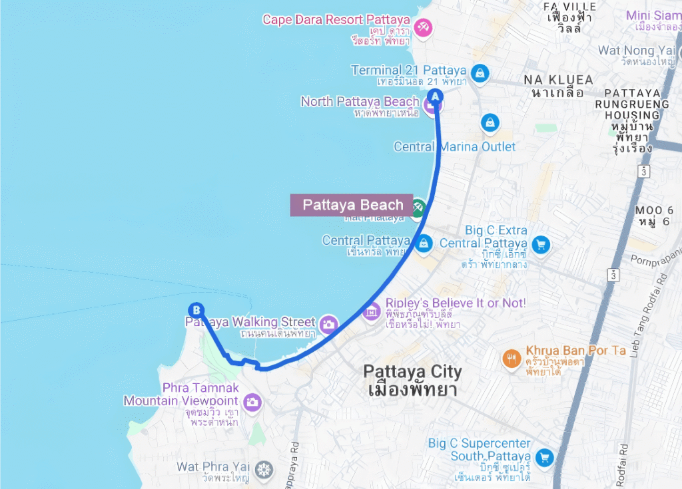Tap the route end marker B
click(x=196, y=310)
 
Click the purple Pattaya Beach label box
click(x=352, y=205)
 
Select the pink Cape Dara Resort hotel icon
click(x=422, y=27)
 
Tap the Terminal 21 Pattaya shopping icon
click(x=479, y=73)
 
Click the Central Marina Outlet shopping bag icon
click(x=490, y=122)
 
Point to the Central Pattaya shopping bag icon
click(x=424, y=244)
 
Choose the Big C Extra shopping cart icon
click(x=540, y=244)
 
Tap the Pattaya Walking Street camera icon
click(x=328, y=325)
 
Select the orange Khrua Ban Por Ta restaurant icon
click(x=511, y=359)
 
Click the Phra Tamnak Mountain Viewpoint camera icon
click(x=252, y=401)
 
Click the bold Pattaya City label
click(x=412, y=372)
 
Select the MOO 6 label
click(x=654, y=210)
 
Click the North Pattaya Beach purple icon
click(x=431, y=104)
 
